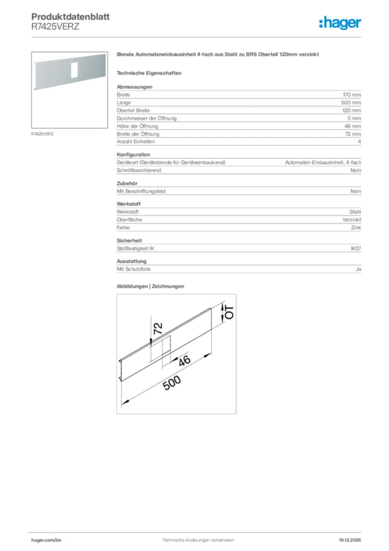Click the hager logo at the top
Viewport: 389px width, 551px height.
click(340, 23)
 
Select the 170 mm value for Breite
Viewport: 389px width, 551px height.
click(352, 95)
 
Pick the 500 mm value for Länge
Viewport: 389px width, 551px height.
click(351, 102)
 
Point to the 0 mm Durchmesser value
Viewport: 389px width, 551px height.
click(354, 118)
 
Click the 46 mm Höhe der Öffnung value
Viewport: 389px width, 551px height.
click(353, 126)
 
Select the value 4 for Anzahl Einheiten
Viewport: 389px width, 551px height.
click(359, 142)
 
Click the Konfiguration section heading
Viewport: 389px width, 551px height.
click(133, 154)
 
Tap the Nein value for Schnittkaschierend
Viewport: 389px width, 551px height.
click(356, 170)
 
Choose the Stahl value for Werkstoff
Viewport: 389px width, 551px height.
click(355, 212)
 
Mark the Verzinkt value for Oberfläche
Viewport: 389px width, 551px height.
click(352, 220)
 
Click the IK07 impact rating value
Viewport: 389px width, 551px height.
click(355, 248)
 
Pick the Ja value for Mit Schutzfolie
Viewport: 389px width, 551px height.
click(358, 269)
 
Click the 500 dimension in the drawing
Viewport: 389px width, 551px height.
click(171, 384)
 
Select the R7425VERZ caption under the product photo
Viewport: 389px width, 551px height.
click(43, 133)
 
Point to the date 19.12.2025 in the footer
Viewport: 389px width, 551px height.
click(350, 540)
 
